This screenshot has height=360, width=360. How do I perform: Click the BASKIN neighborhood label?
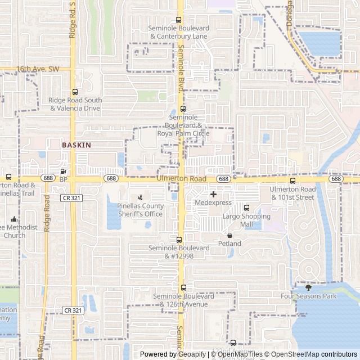pos(76,145)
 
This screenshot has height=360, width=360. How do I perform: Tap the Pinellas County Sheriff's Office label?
pos(141,210)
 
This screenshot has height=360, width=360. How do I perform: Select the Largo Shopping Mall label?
pos(246,220)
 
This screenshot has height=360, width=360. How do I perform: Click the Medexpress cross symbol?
pos(213,194)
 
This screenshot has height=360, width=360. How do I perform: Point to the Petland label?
pos(229,244)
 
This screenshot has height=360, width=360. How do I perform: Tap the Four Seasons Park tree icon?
pos(308,287)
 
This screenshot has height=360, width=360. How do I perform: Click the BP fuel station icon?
pos(63,171)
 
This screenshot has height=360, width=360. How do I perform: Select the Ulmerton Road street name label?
pos(182,178)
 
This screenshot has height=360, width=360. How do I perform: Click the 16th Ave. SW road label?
pos(38,69)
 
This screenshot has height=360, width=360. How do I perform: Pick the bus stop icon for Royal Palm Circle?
pos(183,109)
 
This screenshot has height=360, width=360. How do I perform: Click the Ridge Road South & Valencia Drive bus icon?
pos(75,92)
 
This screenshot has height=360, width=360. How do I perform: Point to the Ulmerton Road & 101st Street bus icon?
pos(292,181)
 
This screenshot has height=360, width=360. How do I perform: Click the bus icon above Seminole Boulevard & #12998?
pos(179,240)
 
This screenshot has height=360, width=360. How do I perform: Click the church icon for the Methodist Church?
pos(14,219)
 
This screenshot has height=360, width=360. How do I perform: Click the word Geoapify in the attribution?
pos(193,354)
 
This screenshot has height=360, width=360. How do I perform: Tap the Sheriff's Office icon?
pos(140,197)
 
